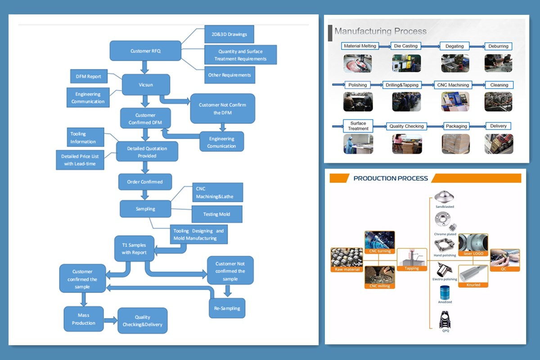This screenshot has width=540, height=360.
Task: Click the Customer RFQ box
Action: [145, 51]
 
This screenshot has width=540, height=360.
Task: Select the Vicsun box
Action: [146, 85]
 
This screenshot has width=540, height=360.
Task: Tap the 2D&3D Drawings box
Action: [229, 34]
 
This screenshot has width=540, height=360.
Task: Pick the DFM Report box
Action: [89, 76]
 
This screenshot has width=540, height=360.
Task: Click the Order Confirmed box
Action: [145, 182]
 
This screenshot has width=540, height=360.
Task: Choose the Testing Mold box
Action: [217, 214]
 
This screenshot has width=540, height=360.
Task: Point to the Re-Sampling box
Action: [227, 308]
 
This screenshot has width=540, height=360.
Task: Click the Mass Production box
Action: [84, 319]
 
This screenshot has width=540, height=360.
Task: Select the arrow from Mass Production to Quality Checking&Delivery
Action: [111, 320]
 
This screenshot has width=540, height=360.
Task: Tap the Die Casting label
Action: [406, 46]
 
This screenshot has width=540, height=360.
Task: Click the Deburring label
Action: [498, 46]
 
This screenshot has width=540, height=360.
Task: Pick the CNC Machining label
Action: [453, 85]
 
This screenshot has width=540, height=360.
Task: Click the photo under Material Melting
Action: [357, 63]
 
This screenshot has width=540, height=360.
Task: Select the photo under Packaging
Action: [455, 144]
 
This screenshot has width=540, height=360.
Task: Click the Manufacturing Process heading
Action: [380, 31]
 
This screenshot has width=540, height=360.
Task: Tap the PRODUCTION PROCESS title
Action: [391, 179]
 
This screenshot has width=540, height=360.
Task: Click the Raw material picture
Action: [346, 260]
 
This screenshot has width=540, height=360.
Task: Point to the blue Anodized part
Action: [445, 292]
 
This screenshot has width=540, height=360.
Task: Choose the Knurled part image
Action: [473, 276]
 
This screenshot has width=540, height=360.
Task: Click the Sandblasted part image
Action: [444, 197]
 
